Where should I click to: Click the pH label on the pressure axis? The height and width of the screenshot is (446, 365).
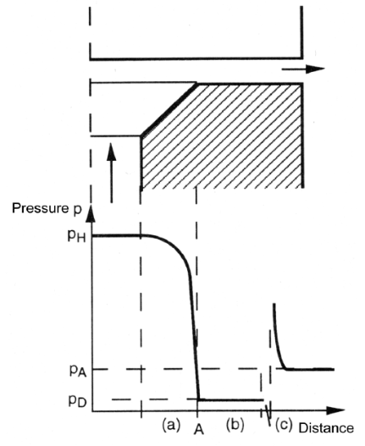tap(76, 236)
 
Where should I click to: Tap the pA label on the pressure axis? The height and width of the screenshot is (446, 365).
tap(78, 371)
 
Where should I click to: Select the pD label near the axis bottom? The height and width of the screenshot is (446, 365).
tap(77, 401)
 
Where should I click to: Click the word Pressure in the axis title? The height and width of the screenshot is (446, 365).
tap(39, 208)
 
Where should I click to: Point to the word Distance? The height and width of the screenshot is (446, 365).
tap(326, 428)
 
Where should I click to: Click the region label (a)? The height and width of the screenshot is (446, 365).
tap(171, 425)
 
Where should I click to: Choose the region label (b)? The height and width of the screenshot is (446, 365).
tap(235, 425)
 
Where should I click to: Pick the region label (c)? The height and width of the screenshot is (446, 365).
tap(284, 425)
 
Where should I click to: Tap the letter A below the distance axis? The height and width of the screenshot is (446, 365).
tap(199, 429)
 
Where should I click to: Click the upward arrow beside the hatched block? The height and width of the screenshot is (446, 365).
tap(111, 173)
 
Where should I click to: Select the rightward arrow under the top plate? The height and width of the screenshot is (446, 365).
tap(303, 69)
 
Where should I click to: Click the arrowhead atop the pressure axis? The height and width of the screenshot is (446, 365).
tap(91, 213)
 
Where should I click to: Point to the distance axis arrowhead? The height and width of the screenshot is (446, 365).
tap(335, 410)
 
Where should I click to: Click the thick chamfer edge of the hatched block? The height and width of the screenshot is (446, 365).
tap(169, 110)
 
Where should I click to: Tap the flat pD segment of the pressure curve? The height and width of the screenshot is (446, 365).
tap(231, 399)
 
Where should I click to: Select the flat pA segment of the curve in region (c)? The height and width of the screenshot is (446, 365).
tap(310, 369)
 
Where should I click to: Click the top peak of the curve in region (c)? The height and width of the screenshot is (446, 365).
tap(274, 304)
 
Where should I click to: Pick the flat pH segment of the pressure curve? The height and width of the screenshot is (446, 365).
tap(117, 235)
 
